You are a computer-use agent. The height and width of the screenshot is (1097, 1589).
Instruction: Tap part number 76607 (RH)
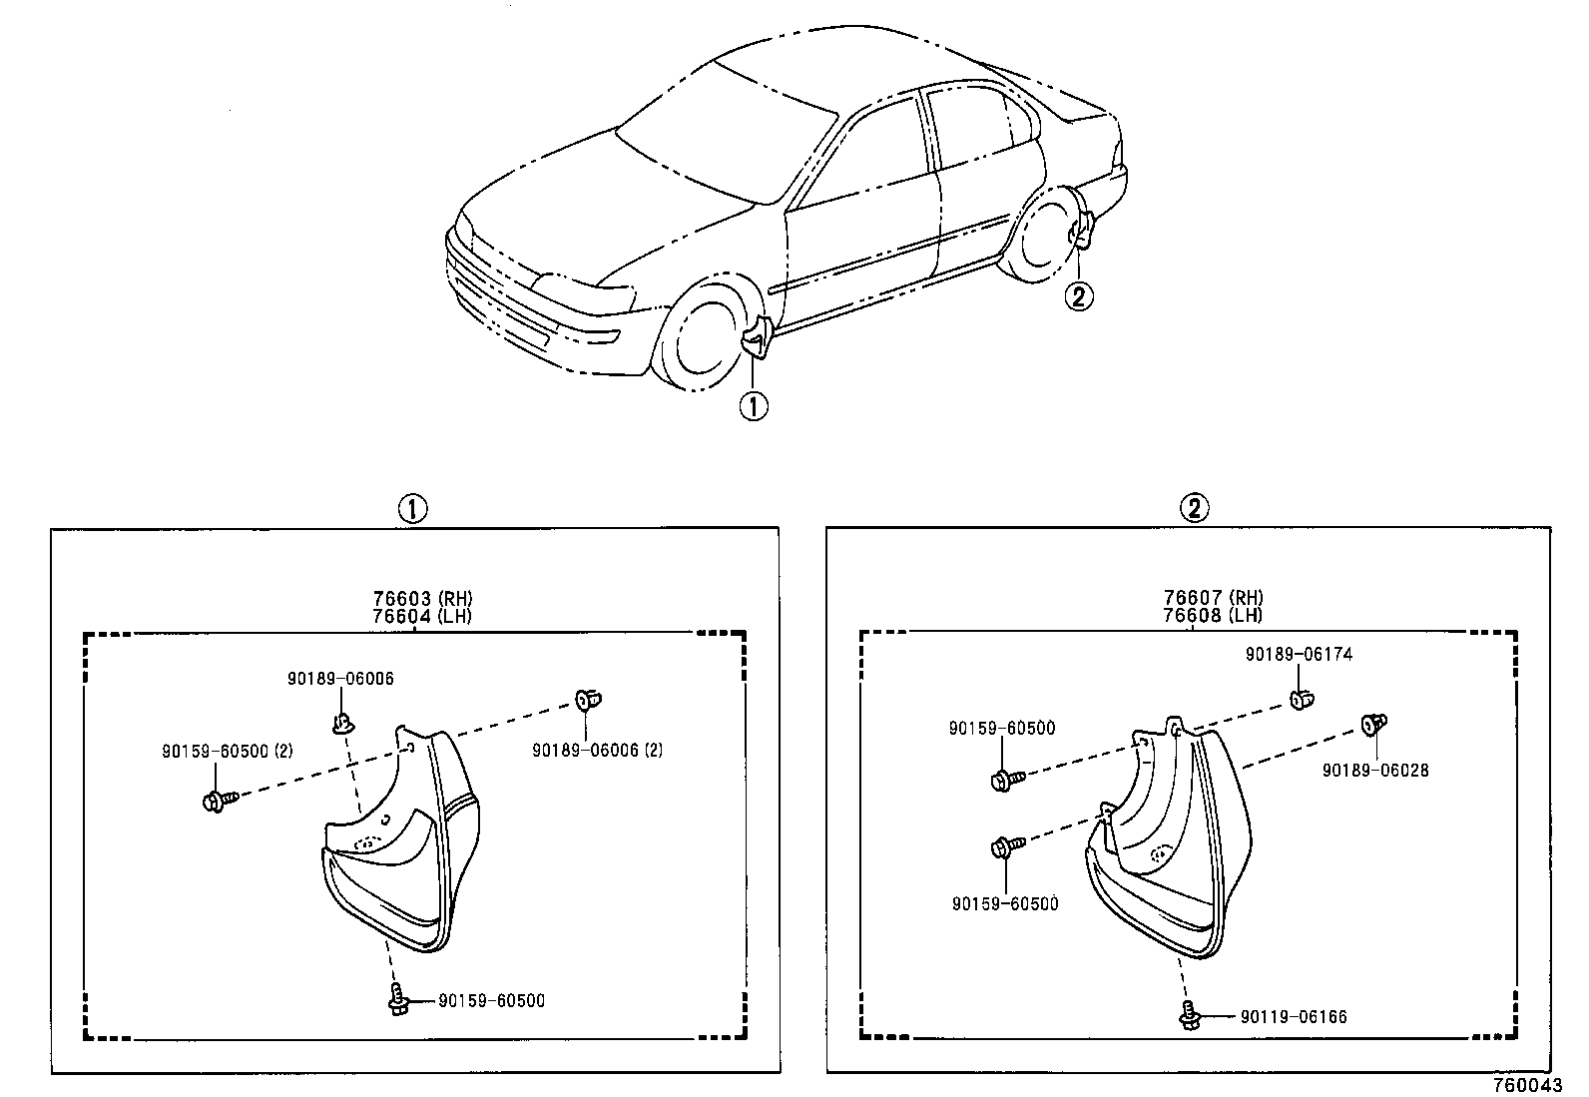[x=1212, y=598]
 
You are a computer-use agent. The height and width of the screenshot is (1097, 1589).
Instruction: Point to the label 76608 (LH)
[x=1212, y=615]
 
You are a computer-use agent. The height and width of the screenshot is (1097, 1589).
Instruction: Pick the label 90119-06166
[x=1294, y=1017]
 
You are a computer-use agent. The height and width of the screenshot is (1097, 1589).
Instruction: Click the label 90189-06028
[x=1374, y=771]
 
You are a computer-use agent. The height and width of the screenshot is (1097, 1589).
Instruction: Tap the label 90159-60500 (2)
[x=227, y=751]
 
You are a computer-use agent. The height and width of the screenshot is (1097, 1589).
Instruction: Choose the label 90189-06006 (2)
[x=597, y=750]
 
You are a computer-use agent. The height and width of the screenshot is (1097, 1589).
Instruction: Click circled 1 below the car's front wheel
[x=753, y=406]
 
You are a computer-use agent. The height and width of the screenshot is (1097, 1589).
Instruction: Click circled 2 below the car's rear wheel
[x=1080, y=295]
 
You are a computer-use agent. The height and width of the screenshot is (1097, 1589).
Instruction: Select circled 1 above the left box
[x=412, y=508]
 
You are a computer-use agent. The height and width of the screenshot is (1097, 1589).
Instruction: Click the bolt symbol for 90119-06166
[x=1189, y=1016]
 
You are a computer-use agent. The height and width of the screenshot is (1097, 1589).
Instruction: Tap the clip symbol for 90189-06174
[x=1301, y=699]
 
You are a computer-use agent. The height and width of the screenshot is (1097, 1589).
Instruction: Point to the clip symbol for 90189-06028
[x=1375, y=724]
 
